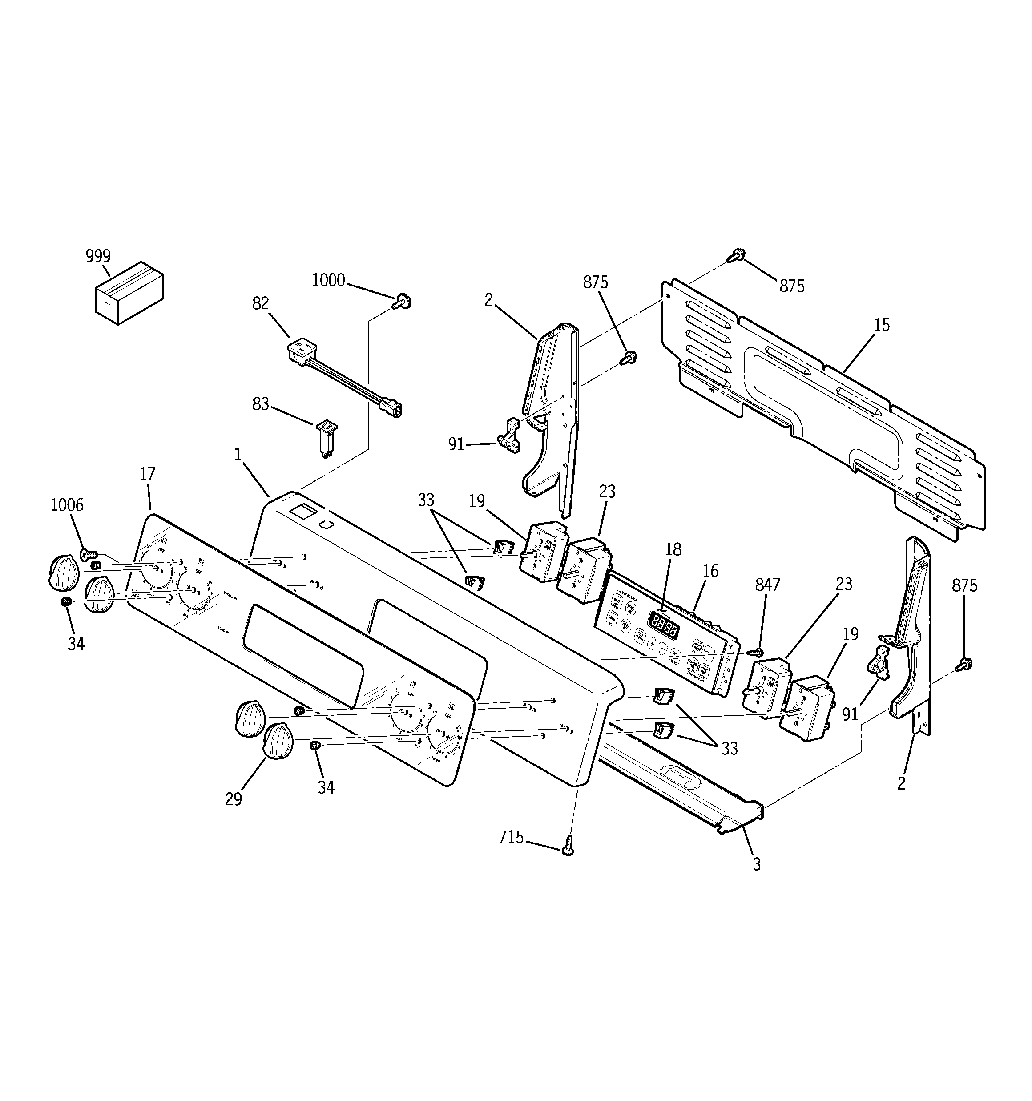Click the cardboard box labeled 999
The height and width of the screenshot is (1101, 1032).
point(129,294)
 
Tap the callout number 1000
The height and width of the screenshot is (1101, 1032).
point(328,281)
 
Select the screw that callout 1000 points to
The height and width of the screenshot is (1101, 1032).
point(403,302)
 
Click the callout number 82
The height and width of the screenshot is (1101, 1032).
point(260,303)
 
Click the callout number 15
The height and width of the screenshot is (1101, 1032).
point(881,325)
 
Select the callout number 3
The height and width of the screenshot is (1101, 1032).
point(756,864)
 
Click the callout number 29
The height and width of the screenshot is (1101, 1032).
point(233,799)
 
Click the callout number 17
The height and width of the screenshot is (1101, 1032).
point(147,474)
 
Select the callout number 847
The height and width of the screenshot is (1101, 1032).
point(767,584)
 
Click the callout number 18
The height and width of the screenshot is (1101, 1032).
point(673,549)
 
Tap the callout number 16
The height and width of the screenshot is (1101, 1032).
point(710,571)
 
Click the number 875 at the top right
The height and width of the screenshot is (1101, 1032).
point(792,286)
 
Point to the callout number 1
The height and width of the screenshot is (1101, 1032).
point(238,455)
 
